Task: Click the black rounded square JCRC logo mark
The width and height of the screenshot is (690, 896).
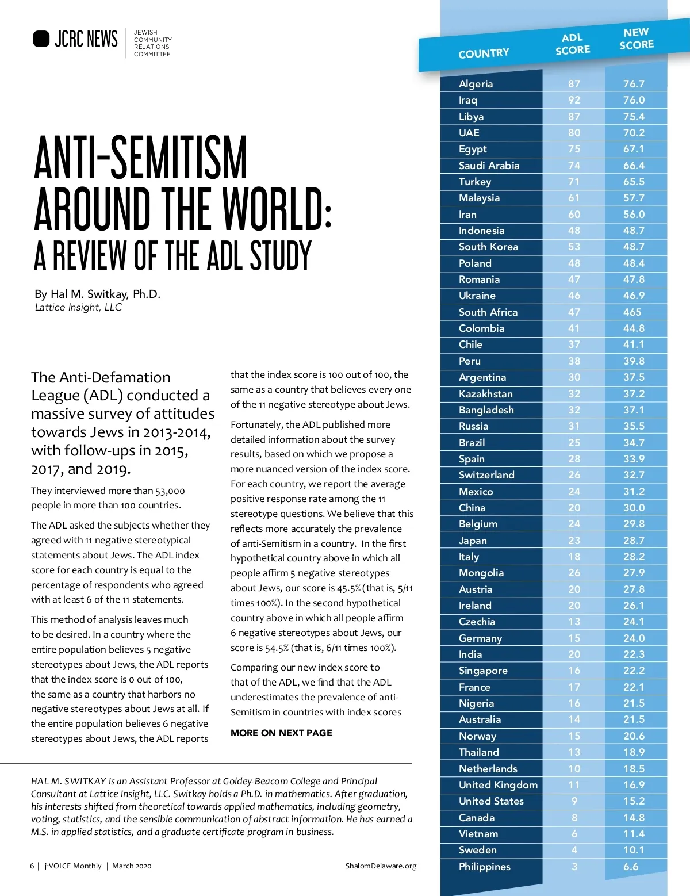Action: tap(41, 39)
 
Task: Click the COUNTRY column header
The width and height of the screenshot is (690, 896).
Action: tap(484, 53)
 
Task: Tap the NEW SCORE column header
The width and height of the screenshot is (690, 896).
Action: tap(636, 39)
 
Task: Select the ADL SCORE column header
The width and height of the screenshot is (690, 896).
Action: tap(573, 44)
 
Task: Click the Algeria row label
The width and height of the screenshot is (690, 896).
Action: tap(476, 84)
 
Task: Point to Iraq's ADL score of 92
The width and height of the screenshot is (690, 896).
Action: tap(574, 100)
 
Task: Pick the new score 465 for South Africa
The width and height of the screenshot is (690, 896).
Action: tap(632, 312)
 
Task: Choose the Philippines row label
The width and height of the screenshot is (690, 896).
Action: tap(484, 867)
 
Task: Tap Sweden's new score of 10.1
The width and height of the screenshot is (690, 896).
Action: tap(634, 850)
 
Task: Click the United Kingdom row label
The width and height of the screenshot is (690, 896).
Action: tap(498, 785)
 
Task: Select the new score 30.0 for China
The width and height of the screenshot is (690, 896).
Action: tap(634, 508)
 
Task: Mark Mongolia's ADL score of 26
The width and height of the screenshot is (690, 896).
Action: tap(574, 573)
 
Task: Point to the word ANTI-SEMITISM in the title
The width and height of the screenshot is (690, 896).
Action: tap(141, 158)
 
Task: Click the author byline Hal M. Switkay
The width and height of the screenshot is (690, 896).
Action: tap(97, 294)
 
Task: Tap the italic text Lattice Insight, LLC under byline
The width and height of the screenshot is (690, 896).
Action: tap(78, 307)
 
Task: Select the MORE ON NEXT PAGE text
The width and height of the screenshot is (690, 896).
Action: tap(281, 733)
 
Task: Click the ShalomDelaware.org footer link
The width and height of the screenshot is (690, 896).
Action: tap(381, 866)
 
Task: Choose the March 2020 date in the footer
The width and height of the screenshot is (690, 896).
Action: tap(132, 866)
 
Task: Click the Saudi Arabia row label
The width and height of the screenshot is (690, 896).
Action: tap(489, 166)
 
